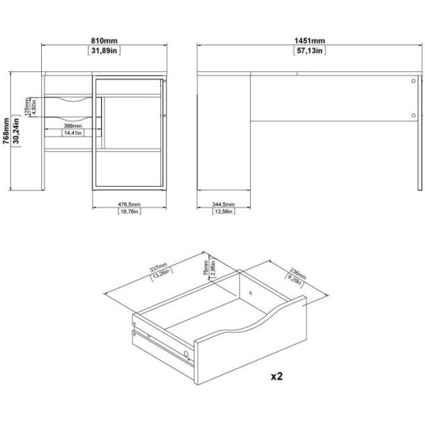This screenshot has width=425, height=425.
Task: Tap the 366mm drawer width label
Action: click(72, 126)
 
